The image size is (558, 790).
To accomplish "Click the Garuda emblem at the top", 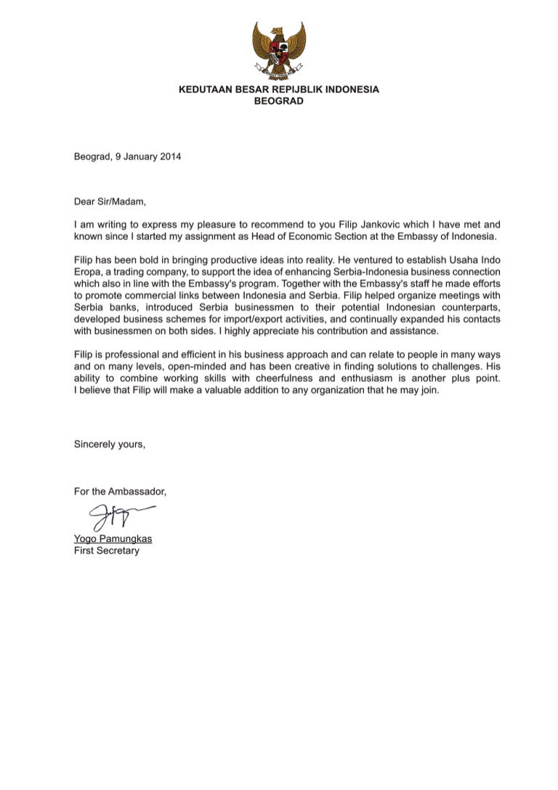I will point(279,50).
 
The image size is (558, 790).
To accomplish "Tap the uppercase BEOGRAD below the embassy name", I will point(279,102).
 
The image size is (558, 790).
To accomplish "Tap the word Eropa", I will point(89,272).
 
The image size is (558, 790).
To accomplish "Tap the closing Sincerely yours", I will point(110,444).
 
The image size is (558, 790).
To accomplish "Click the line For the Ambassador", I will point(120,492).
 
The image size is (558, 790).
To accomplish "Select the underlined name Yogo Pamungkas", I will point(113,539).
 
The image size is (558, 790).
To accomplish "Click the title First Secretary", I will point(107,551).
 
